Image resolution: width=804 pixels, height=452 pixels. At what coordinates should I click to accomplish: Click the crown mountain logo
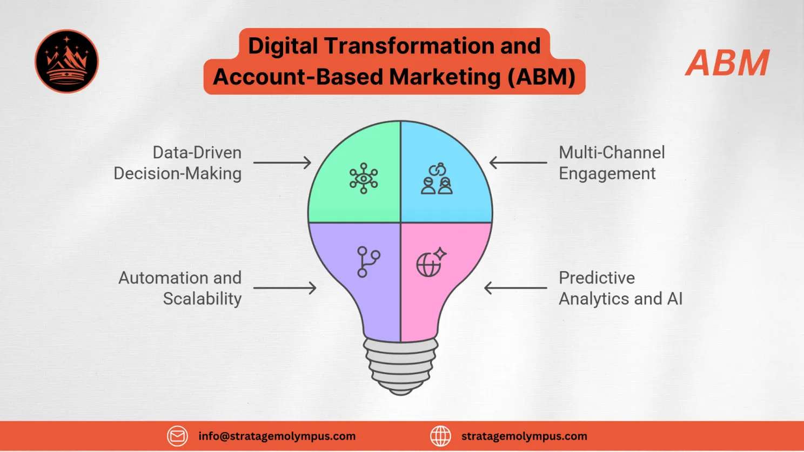coord(66,61)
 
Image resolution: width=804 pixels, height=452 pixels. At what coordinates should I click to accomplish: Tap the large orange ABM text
coord(727,63)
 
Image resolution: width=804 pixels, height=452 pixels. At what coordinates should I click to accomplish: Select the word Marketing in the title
coord(445,77)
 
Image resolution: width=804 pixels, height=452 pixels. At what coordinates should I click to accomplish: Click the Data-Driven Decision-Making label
coord(178,163)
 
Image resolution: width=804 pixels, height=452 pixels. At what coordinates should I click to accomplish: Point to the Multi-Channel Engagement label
coord(611,163)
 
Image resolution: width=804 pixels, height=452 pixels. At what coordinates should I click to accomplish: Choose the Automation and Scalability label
coord(180,288)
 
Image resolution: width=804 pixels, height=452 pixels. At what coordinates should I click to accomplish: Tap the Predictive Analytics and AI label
coord(620,288)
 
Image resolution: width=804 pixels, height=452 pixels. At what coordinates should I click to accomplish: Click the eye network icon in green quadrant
coord(363,178)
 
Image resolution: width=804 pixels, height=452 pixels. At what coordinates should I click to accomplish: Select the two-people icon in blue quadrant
coord(437,179)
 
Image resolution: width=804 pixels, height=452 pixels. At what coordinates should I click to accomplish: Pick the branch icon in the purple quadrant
coord(368,262)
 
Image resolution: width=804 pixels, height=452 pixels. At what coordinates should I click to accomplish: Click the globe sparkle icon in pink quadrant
coord(431,262)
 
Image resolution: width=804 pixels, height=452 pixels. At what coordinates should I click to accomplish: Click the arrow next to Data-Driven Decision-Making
coord(282,163)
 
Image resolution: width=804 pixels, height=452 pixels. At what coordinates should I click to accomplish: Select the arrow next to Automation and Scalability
coord(284,288)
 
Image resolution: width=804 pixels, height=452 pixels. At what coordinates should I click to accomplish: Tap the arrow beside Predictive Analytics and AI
coord(515,288)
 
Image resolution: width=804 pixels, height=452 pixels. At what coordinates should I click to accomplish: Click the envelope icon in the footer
coord(177,436)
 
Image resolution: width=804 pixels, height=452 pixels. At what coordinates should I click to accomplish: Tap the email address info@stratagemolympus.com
coord(277,436)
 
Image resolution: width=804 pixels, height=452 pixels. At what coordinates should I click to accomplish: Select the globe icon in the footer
coord(440,436)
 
